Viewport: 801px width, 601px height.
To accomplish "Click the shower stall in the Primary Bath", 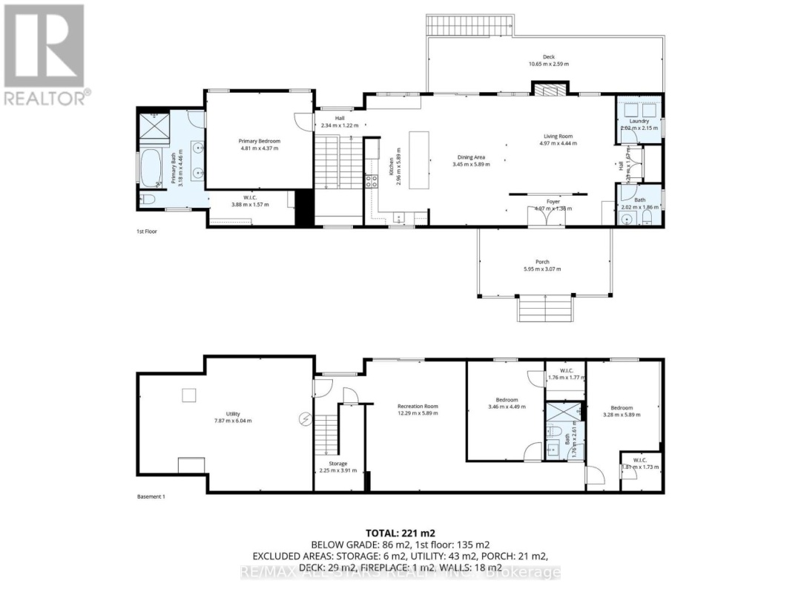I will [x=154, y=128].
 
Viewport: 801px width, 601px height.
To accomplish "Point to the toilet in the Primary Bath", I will [x=146, y=199].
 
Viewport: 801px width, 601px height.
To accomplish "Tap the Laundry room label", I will [x=639, y=121].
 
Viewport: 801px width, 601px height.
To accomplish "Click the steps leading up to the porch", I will [x=545, y=307].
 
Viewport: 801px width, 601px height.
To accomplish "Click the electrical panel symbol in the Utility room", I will [x=304, y=418].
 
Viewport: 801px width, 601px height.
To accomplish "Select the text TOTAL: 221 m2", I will [x=400, y=533].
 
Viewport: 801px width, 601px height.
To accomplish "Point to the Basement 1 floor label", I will [x=151, y=496].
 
